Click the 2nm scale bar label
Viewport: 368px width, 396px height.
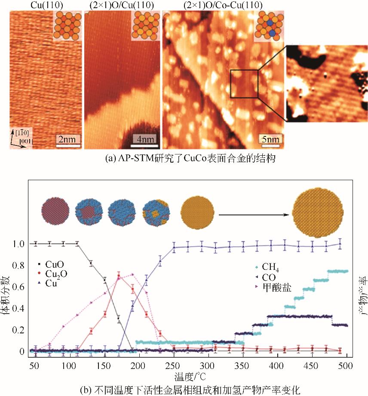[68, 139]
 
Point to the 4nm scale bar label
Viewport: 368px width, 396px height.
[144, 139]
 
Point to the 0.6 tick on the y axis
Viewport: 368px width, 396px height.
[20, 287]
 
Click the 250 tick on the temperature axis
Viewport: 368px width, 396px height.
[174, 366]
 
